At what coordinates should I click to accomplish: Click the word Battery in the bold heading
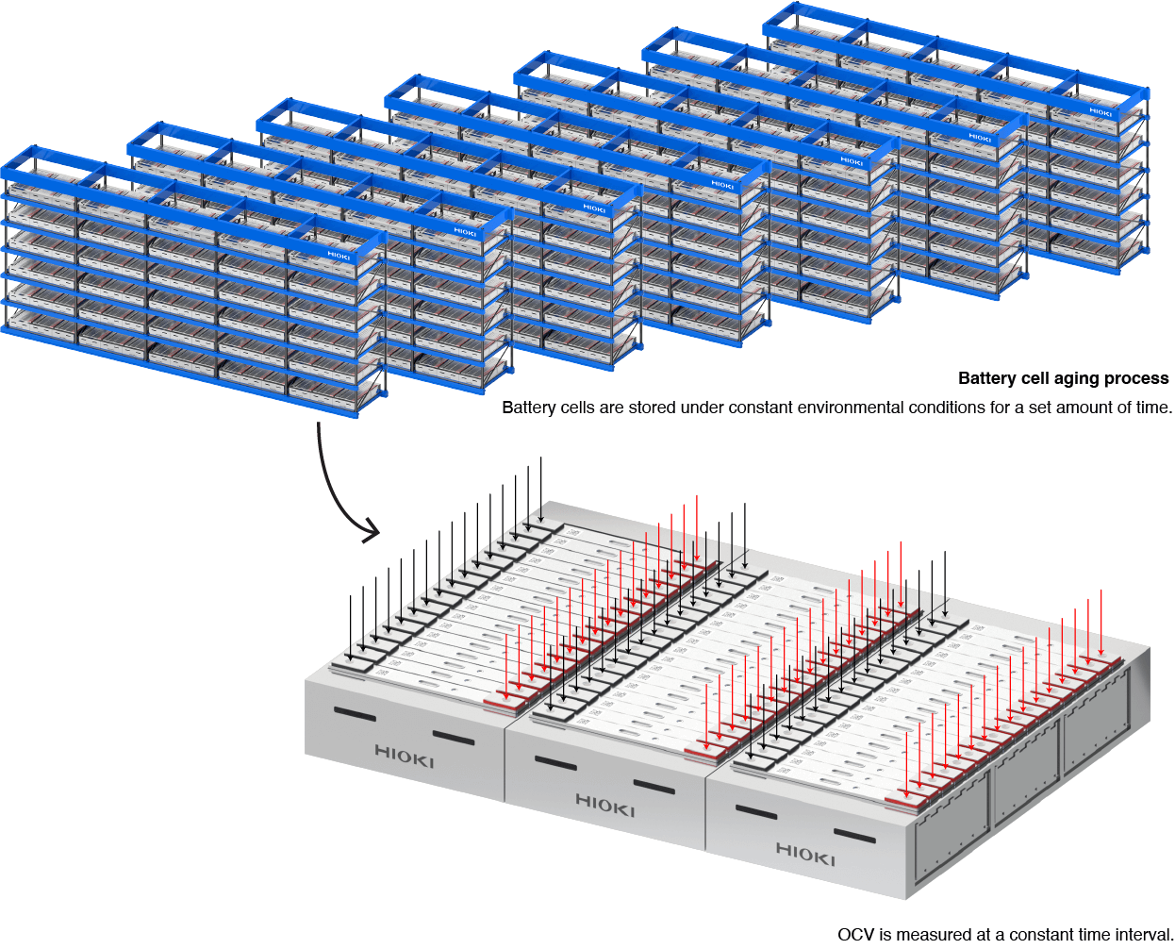(987, 378)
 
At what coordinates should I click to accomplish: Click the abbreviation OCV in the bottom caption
(856, 934)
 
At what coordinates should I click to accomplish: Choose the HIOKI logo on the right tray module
(805, 855)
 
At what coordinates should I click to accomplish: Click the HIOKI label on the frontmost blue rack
(339, 256)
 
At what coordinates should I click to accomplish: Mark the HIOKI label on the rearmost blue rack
(1101, 112)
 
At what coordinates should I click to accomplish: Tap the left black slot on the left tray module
(354, 714)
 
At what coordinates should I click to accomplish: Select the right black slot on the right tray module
(854, 835)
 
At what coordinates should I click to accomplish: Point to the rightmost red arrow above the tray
(1101, 623)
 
